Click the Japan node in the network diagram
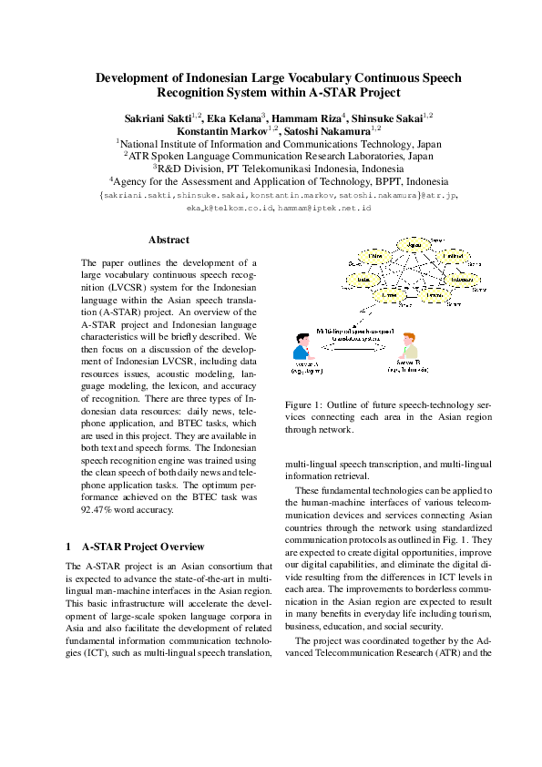tap(415, 245)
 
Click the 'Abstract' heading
tap(169, 240)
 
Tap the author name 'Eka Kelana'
tap(234, 118)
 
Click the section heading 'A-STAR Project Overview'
tap(143, 547)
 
